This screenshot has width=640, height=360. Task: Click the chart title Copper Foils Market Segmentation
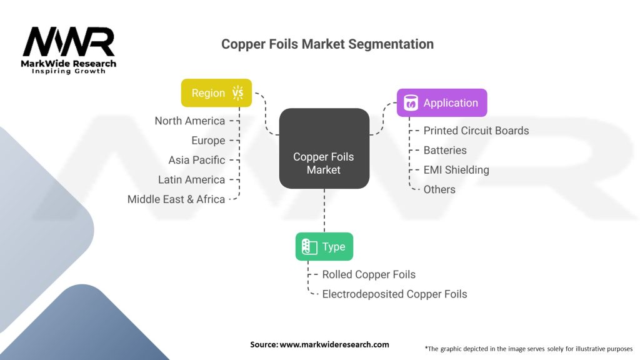click(x=327, y=44)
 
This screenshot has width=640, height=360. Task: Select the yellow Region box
click(x=216, y=92)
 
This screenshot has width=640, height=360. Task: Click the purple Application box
click(x=442, y=103)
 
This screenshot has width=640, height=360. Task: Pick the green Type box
click(x=324, y=246)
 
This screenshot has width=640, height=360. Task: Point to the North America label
click(x=190, y=121)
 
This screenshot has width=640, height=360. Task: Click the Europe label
click(x=208, y=141)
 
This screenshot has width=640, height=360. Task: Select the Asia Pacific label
click(x=196, y=160)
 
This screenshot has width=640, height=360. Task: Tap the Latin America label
click(x=191, y=179)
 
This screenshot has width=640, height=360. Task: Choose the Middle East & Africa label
click(x=176, y=199)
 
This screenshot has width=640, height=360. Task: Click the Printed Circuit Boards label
click(x=476, y=131)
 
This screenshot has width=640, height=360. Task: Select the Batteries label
click(x=445, y=150)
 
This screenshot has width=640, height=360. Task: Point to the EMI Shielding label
click(x=456, y=169)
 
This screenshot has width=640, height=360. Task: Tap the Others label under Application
click(x=439, y=189)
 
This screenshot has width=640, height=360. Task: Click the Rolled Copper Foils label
click(x=369, y=274)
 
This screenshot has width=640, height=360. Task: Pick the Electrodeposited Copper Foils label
click(x=394, y=294)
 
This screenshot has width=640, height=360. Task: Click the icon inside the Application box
click(x=411, y=103)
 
